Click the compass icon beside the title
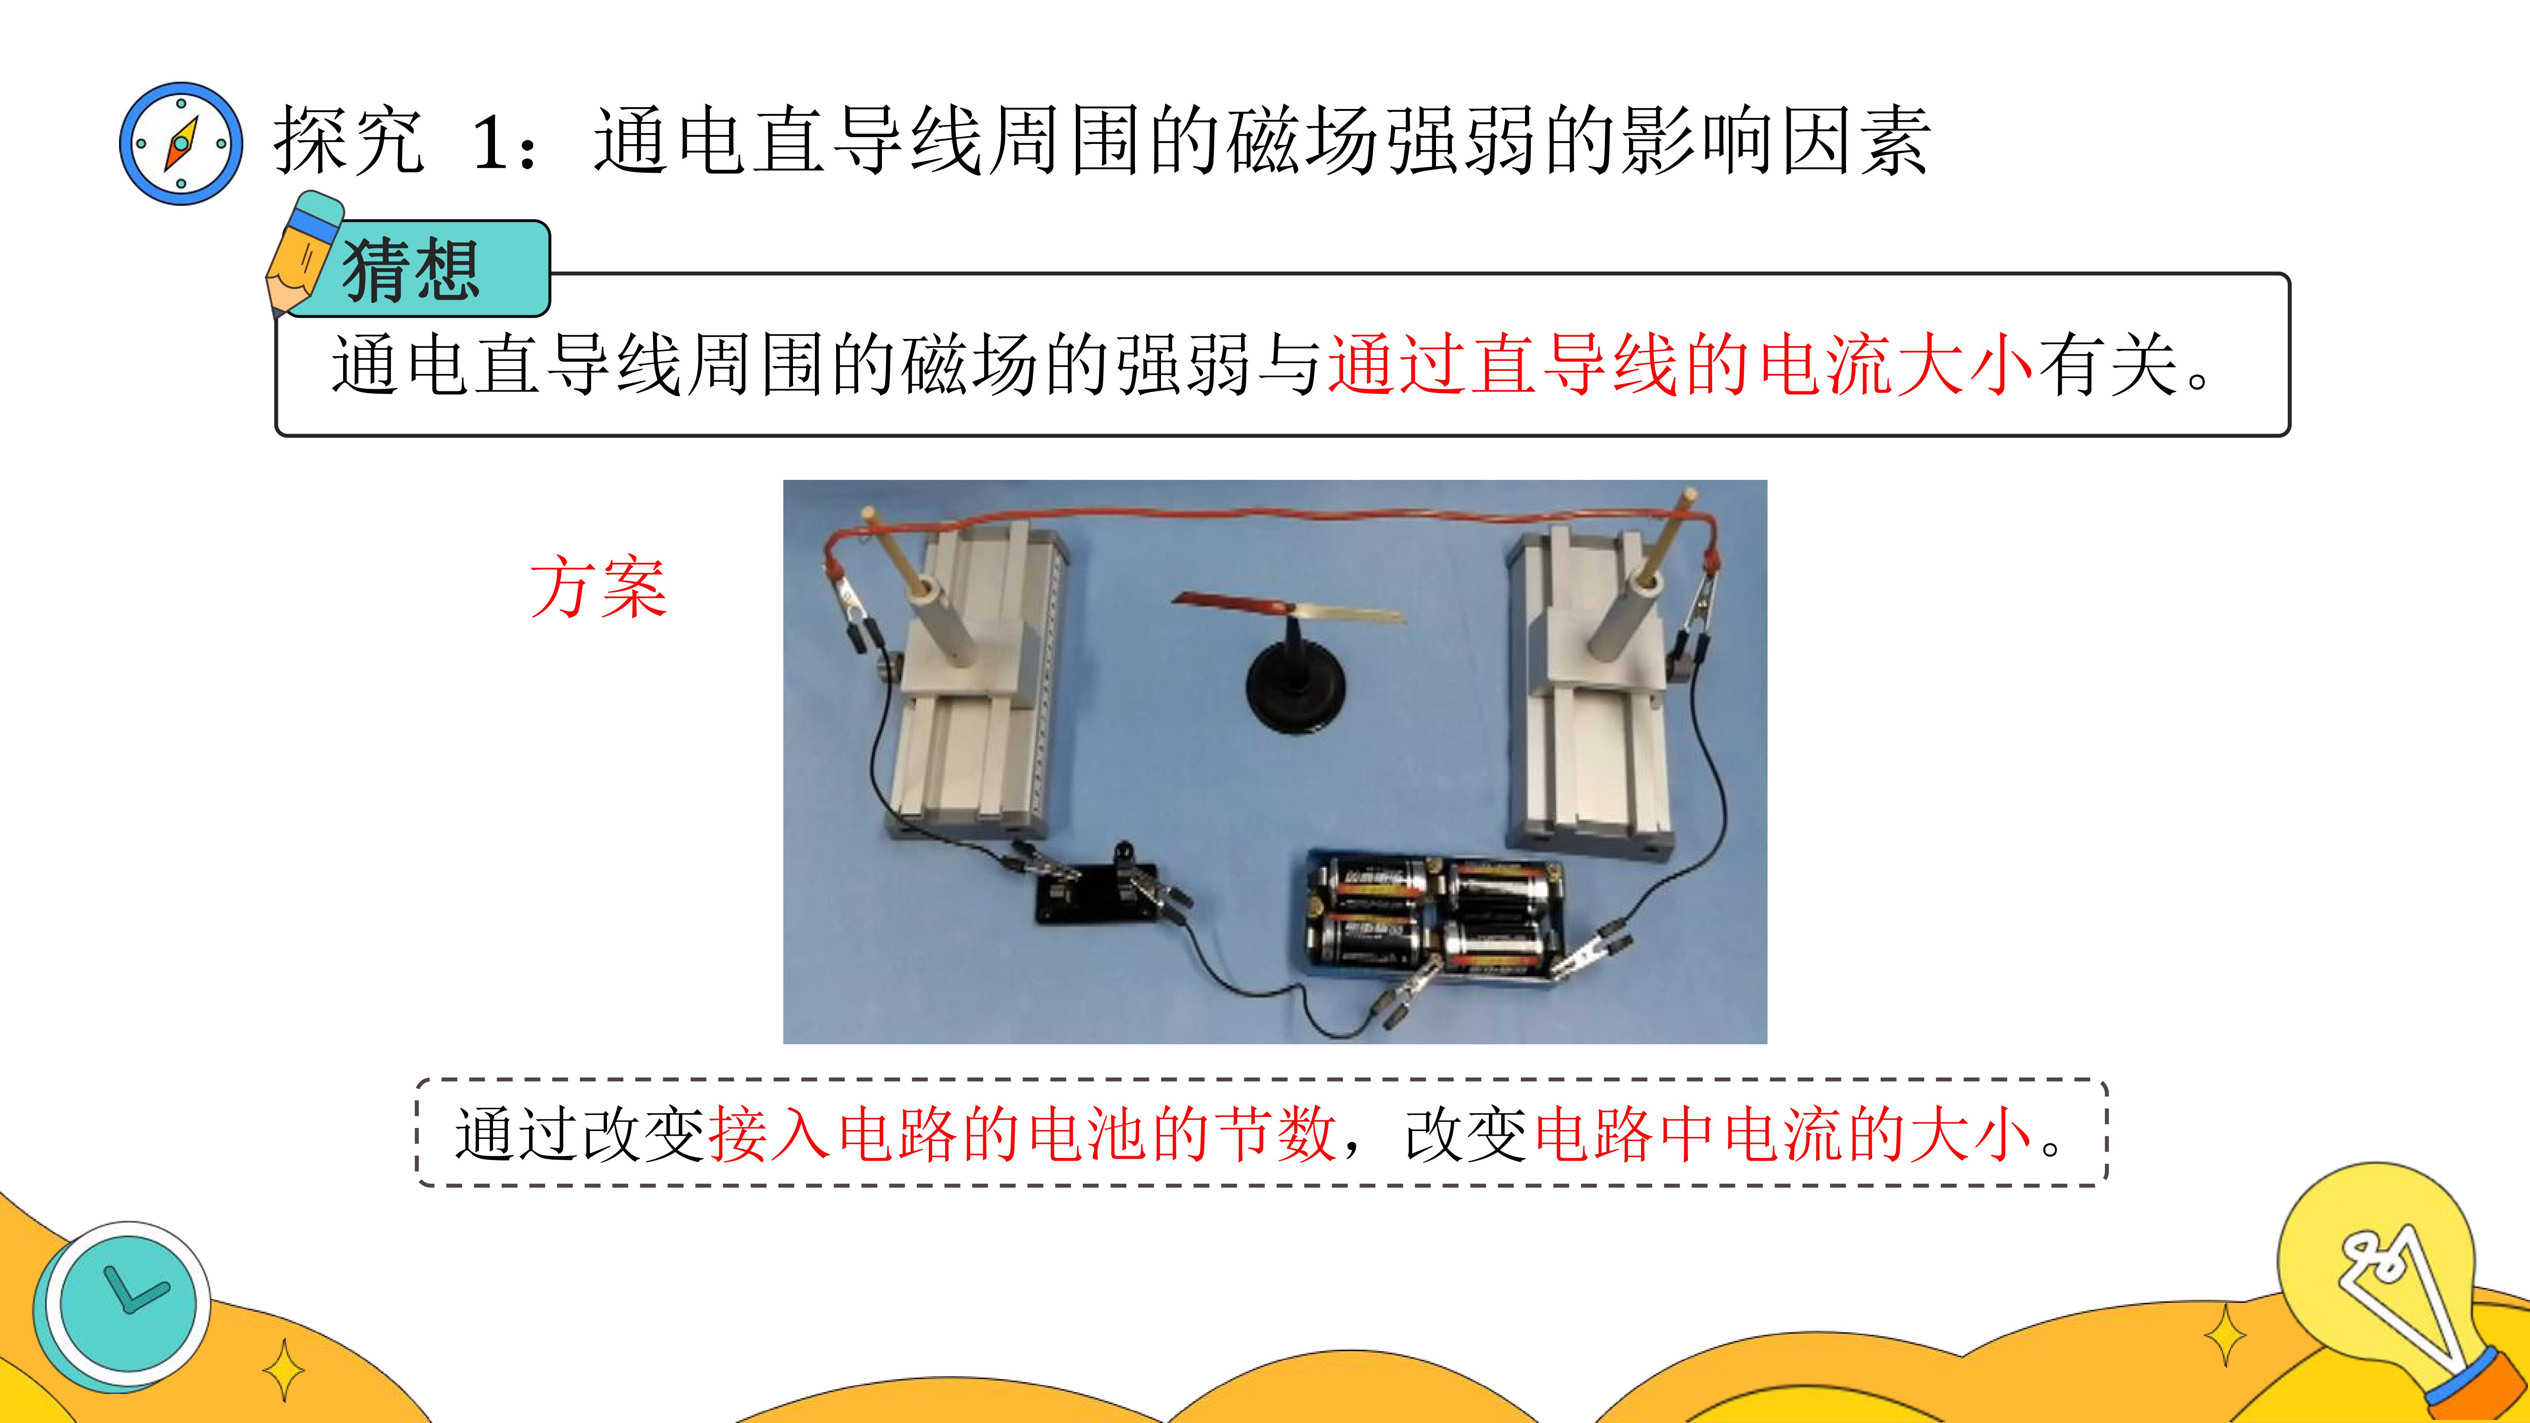[181, 143]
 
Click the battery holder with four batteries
[1432, 914]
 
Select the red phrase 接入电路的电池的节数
[1021, 1133]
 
